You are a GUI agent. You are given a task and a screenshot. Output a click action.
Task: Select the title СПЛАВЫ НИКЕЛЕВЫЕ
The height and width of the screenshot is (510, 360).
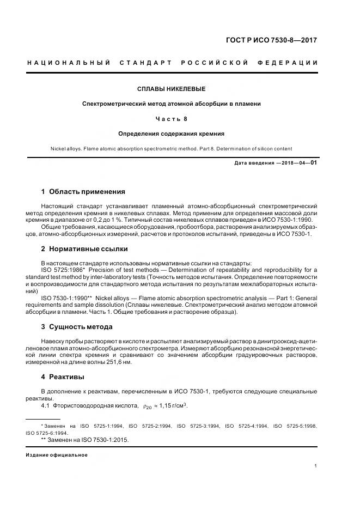coord(171,89)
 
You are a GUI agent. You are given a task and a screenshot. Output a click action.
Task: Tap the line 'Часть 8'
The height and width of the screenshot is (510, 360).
coord(171,118)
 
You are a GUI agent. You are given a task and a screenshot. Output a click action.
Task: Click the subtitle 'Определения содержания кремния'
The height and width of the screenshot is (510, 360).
coord(171,133)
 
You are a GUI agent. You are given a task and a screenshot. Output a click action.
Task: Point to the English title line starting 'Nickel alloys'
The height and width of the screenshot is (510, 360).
coord(171,148)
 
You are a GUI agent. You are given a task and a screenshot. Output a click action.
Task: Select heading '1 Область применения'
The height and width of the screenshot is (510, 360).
coord(83,192)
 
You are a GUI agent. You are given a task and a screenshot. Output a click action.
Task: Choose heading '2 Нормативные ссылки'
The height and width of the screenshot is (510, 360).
coord(84,249)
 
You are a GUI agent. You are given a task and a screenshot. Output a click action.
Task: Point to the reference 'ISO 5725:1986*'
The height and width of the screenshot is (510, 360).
coord(64,270)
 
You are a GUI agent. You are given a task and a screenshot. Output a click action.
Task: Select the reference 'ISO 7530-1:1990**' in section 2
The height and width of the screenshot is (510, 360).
coord(68,298)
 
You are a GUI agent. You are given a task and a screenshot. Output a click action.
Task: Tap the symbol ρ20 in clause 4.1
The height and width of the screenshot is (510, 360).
coord(147,406)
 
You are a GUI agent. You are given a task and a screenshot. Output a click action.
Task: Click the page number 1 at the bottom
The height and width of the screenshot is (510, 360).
coord(316,466)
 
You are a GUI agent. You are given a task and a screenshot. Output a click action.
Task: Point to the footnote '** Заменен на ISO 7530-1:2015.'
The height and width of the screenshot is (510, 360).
coord(84,439)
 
